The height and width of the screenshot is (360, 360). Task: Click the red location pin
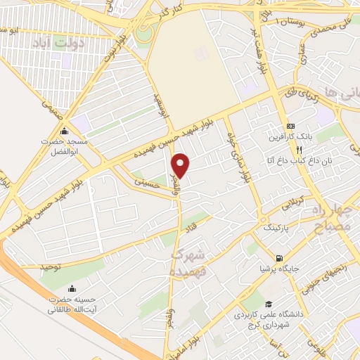(181, 165)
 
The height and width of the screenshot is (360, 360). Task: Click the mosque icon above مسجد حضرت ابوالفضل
(65, 131)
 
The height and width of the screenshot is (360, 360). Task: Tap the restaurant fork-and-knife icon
(299, 150)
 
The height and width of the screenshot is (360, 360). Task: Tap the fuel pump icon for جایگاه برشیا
(281, 257)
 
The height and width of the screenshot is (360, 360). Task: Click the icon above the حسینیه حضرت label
(72, 288)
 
